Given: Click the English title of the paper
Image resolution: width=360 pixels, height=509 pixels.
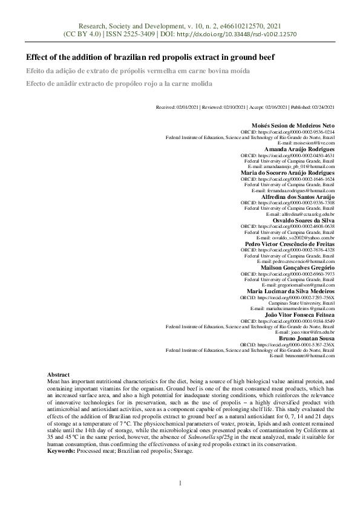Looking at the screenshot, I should click(150, 57).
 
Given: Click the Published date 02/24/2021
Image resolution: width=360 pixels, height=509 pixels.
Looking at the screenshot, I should click(310, 107).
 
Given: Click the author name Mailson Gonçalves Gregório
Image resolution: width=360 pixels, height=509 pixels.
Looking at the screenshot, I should click(297, 267).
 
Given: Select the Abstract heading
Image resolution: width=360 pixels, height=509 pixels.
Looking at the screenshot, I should click(59, 375).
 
